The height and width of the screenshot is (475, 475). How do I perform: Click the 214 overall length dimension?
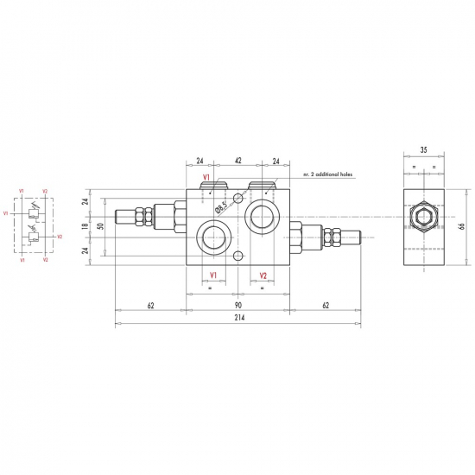pyautogui.click(x=239, y=318)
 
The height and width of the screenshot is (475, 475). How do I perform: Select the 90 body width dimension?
pyautogui.click(x=238, y=305)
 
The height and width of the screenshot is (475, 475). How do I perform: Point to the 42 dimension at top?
pyautogui.click(x=238, y=161)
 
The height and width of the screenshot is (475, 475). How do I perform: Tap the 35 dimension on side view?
pyautogui.click(x=424, y=149)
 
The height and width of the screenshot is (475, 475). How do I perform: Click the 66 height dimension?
pyautogui.click(x=462, y=226)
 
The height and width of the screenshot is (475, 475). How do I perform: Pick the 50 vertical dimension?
pyautogui.click(x=101, y=226)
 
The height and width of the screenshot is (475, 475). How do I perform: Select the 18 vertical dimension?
pyautogui.click(x=85, y=225)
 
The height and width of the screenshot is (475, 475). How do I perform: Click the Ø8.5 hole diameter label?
pyautogui.click(x=221, y=207)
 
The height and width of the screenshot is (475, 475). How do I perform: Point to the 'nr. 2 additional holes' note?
pyautogui.click(x=328, y=174)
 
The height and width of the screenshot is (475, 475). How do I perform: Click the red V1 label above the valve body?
pyautogui.click(x=206, y=177)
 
